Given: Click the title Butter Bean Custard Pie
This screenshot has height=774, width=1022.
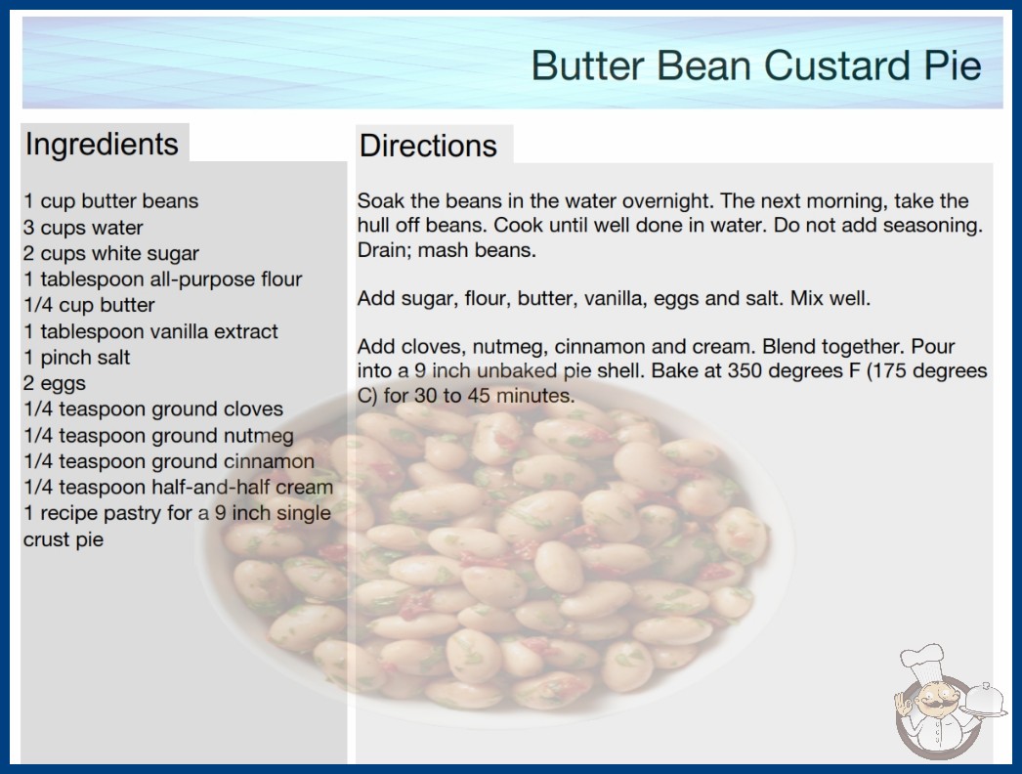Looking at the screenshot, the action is pos(756,65).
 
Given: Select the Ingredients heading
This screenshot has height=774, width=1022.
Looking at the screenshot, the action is pos(102,145).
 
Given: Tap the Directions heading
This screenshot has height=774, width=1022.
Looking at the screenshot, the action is pos(428,146).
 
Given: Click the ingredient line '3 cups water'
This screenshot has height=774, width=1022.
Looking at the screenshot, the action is pos(83,228).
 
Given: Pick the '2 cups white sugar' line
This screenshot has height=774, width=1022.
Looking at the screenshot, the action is pos(110,254).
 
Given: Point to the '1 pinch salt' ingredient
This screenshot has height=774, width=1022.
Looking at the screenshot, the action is pos(77,358).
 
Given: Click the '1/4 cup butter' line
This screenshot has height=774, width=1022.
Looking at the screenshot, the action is pos(89,305).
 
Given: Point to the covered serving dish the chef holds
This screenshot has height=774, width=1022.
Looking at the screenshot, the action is pos(984,699).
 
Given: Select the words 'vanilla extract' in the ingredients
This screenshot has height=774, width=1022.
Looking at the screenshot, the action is pos(211,331).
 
